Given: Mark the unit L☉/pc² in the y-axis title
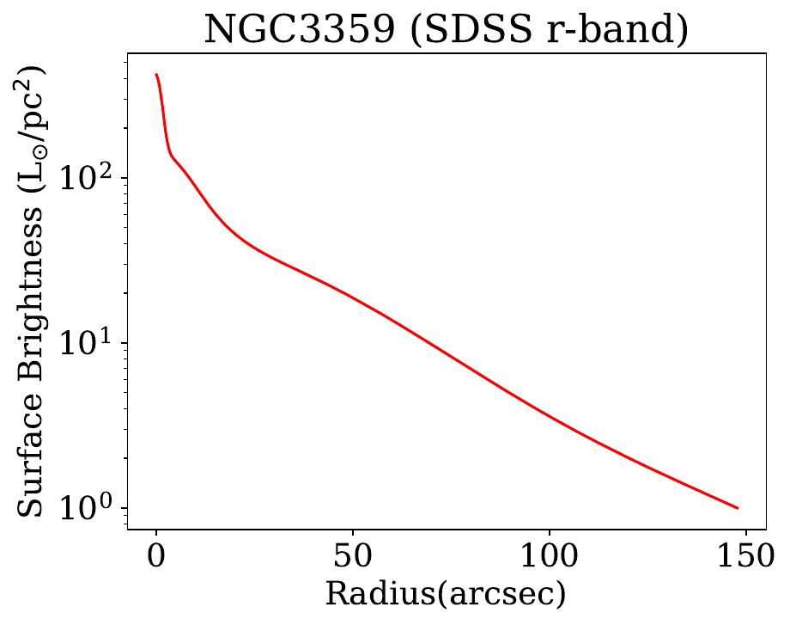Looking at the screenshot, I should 33,135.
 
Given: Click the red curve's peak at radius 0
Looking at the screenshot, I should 156,75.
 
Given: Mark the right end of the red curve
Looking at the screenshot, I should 737,507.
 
